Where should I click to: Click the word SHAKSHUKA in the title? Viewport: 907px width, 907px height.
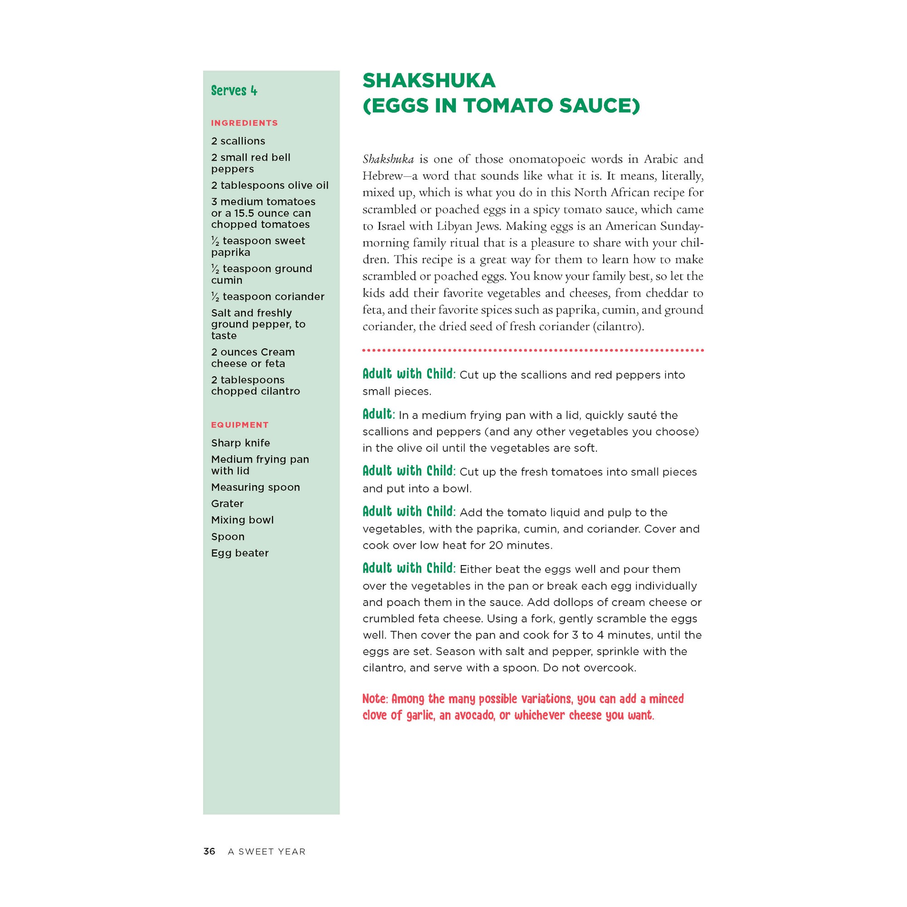pos(429,81)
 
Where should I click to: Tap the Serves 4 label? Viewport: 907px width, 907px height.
pos(234,91)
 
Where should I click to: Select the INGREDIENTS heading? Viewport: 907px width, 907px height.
pos(244,123)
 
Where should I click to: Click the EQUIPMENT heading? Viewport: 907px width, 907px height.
pos(239,425)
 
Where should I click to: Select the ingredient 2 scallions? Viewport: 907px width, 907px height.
pos(238,141)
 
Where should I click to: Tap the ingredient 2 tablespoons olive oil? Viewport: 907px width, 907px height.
pos(269,185)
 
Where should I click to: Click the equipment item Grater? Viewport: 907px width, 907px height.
pos(227,504)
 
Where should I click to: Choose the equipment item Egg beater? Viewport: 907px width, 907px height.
pos(239,553)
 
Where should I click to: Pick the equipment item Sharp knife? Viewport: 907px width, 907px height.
pos(240,443)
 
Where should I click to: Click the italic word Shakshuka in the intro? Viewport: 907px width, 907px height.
pos(388,159)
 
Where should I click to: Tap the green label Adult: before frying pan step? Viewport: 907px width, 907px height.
pos(378,414)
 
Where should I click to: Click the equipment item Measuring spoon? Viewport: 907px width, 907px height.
pos(255,488)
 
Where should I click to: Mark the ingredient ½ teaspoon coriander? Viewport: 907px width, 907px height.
pos(268,297)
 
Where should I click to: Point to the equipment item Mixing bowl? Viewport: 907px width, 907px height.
pos(242,520)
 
